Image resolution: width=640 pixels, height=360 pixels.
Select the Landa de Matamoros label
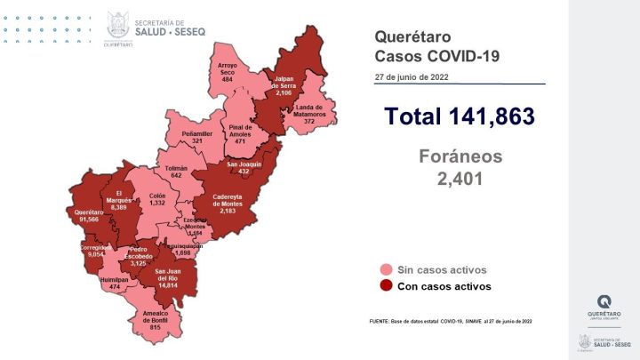[308, 114]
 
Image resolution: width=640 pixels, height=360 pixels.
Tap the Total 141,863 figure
[459, 116]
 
